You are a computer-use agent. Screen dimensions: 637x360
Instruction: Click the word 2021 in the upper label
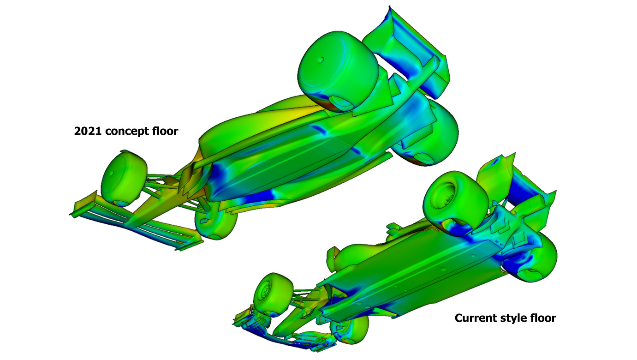coord(88,131)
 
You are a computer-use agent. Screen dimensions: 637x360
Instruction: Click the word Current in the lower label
coord(477,318)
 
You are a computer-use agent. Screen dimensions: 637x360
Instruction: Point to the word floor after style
coord(543,318)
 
